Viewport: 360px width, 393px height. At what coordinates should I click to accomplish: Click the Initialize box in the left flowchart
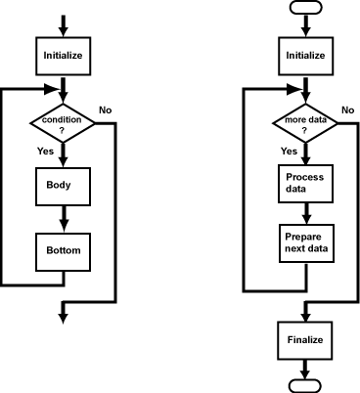coord(64,56)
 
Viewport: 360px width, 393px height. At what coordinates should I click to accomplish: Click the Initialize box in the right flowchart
coord(304,56)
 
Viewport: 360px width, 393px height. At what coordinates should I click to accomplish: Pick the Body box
coord(64,185)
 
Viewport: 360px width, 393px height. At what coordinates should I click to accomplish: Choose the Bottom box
coord(64,250)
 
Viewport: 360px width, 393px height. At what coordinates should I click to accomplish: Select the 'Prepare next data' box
coord(304,242)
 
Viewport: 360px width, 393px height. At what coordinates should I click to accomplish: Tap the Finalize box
coord(304,340)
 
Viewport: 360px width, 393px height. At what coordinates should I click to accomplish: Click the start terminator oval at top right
coord(304,8)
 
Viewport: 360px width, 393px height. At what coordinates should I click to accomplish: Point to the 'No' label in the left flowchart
coord(106,109)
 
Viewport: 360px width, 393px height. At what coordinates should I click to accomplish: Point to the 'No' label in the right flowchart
coord(346,109)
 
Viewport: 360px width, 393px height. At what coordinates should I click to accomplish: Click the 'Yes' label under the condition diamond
coord(45,152)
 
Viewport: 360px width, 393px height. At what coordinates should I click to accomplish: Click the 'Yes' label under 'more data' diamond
coord(289,152)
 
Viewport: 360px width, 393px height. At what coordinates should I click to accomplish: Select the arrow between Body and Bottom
coord(64,218)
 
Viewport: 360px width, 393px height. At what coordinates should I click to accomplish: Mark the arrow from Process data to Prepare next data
coord(304,213)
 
